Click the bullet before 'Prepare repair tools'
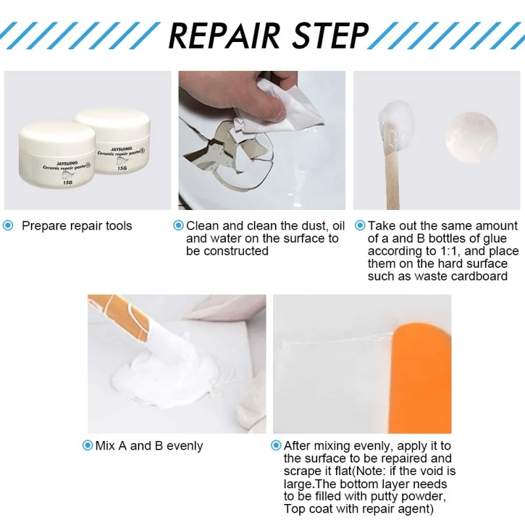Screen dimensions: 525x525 click(x=9, y=226)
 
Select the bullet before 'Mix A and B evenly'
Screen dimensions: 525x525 click(x=87, y=446)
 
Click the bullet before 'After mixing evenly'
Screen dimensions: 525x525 click(x=276, y=446)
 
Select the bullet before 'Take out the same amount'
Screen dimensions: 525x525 click(x=360, y=226)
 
